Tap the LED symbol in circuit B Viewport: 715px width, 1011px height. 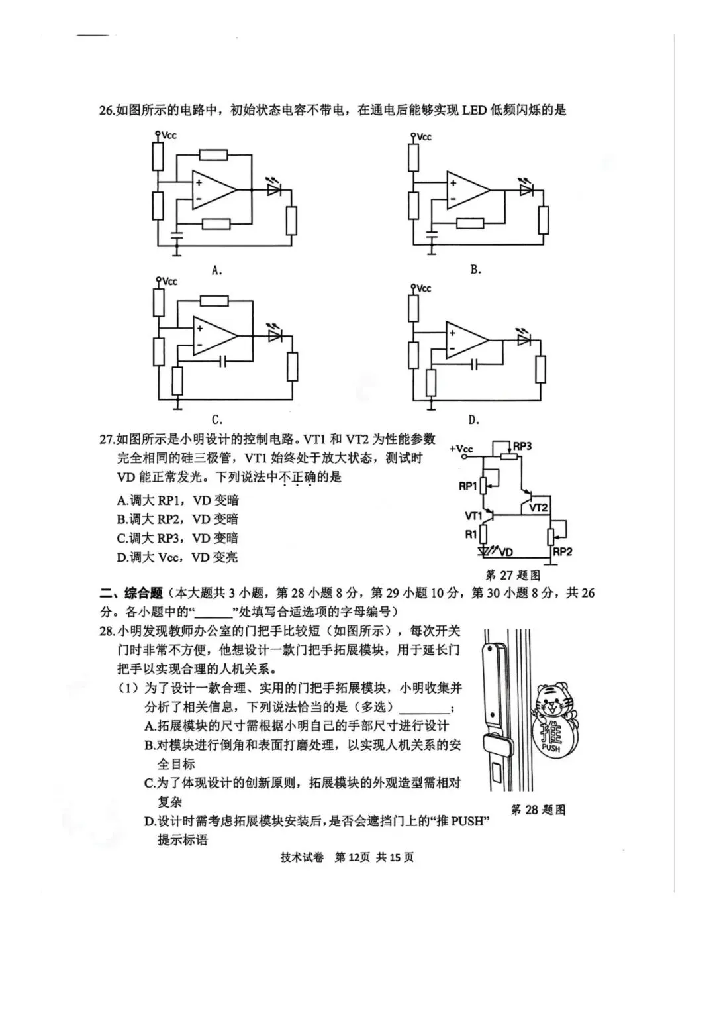click(x=526, y=190)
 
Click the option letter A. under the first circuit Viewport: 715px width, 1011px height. click(x=216, y=270)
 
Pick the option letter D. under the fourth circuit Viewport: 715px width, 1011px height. click(x=473, y=419)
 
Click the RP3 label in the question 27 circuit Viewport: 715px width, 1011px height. click(x=522, y=446)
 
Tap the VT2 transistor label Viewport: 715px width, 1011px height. click(x=538, y=507)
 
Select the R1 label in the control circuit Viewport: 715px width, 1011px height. click(x=471, y=534)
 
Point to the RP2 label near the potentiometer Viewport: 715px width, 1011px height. click(x=562, y=551)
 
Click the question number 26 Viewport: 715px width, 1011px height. click(x=107, y=110)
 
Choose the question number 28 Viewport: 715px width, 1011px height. click(x=107, y=630)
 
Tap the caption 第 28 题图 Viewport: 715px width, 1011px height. click(x=538, y=809)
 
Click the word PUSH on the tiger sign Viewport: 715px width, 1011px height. click(x=551, y=748)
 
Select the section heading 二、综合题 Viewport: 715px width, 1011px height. click(x=130, y=592)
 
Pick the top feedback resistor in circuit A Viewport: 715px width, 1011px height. click(x=213, y=155)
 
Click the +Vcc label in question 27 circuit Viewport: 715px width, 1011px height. click(x=461, y=449)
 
